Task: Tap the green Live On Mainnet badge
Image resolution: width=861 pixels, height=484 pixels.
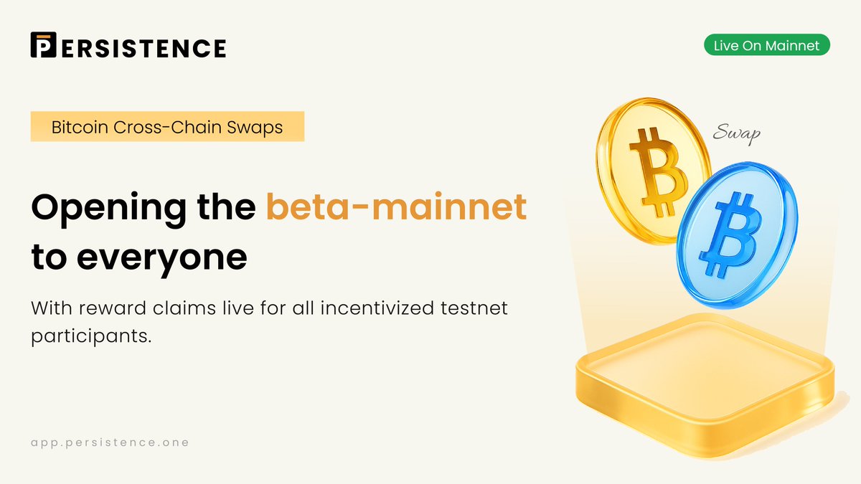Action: tap(766, 46)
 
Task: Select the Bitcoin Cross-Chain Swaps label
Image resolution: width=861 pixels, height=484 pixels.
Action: tap(167, 128)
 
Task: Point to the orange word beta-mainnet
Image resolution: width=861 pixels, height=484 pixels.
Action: tap(396, 207)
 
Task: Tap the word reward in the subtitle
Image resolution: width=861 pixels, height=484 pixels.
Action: tap(117, 310)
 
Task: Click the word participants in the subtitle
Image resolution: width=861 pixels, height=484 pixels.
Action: tap(91, 336)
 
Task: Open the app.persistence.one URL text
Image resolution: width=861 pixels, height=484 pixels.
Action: tap(110, 442)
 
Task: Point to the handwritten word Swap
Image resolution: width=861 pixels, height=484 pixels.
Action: tap(737, 133)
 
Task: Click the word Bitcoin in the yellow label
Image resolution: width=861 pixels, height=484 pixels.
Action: tap(78, 128)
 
